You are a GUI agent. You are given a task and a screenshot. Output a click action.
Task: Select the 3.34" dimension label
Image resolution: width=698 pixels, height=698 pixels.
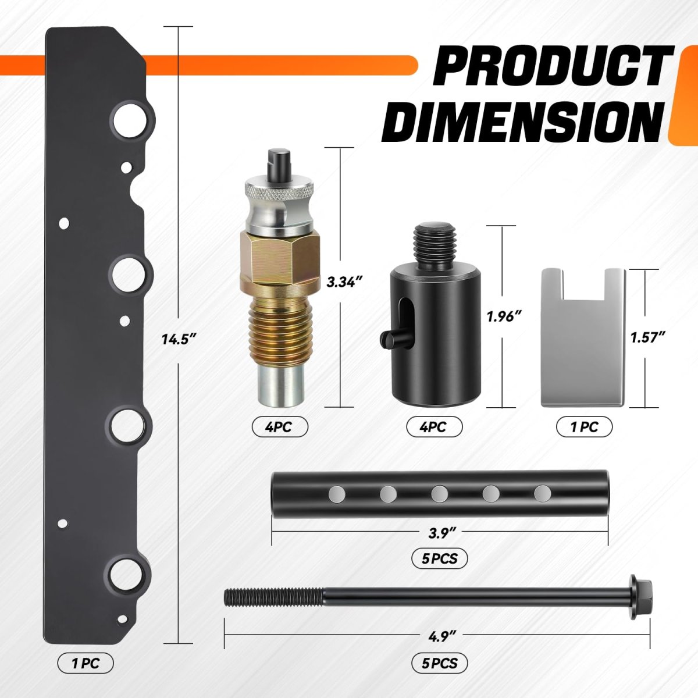(x=344, y=282)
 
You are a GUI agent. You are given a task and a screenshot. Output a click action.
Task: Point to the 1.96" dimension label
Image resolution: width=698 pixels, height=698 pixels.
(x=504, y=316)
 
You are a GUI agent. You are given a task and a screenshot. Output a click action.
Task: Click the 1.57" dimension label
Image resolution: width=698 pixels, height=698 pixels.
(x=649, y=337)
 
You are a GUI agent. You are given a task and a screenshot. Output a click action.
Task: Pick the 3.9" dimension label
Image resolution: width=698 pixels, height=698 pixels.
(x=440, y=533)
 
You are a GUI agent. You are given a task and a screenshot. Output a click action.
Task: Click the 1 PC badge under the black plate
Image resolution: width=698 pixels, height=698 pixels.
(x=86, y=664)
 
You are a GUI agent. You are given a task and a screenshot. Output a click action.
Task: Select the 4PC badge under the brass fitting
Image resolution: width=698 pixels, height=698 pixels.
(x=280, y=427)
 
